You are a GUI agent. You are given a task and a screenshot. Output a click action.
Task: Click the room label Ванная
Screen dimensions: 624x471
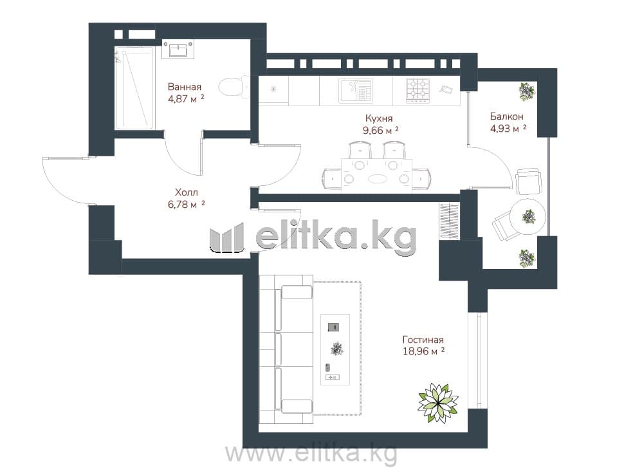pos(184,87)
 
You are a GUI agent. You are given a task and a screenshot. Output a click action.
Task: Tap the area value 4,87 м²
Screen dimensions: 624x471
pos(187,98)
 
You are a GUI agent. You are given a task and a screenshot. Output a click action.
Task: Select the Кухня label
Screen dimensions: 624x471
pos(379,118)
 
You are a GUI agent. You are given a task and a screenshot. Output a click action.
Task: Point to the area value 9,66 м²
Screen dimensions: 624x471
pos(381,130)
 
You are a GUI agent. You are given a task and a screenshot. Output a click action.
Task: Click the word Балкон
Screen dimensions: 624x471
pos(507,116)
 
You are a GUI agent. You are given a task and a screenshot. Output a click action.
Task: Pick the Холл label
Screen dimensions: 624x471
pos(187,192)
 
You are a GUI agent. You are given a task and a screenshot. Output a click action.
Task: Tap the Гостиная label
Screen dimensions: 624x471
pos(423,340)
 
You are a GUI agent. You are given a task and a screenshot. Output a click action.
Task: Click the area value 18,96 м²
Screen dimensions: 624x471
pos(424,351)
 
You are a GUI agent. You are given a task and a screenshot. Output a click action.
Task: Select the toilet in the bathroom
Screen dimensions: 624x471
pos(234,87)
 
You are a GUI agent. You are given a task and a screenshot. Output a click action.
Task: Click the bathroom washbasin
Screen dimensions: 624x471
pos(178,50)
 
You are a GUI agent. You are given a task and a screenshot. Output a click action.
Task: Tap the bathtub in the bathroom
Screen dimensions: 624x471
pos(134,88)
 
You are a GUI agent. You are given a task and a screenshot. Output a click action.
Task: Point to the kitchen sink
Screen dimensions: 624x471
pos(355,91)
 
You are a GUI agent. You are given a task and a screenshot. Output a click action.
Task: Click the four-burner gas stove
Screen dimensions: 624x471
pos(418,91)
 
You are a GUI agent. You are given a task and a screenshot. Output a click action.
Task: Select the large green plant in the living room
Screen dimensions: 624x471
pos(438,403)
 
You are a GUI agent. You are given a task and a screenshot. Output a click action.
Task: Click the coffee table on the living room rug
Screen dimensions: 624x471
pos(335,349)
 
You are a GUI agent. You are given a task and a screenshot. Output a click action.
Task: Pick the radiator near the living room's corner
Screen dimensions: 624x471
pos(450,221)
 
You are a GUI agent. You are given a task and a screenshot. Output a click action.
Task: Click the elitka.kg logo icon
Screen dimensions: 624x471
pos(226,237)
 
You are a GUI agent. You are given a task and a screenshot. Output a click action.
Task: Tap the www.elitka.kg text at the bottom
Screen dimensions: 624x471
pos(311,454)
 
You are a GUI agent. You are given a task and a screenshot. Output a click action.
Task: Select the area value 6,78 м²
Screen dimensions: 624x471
pos(187,205)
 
